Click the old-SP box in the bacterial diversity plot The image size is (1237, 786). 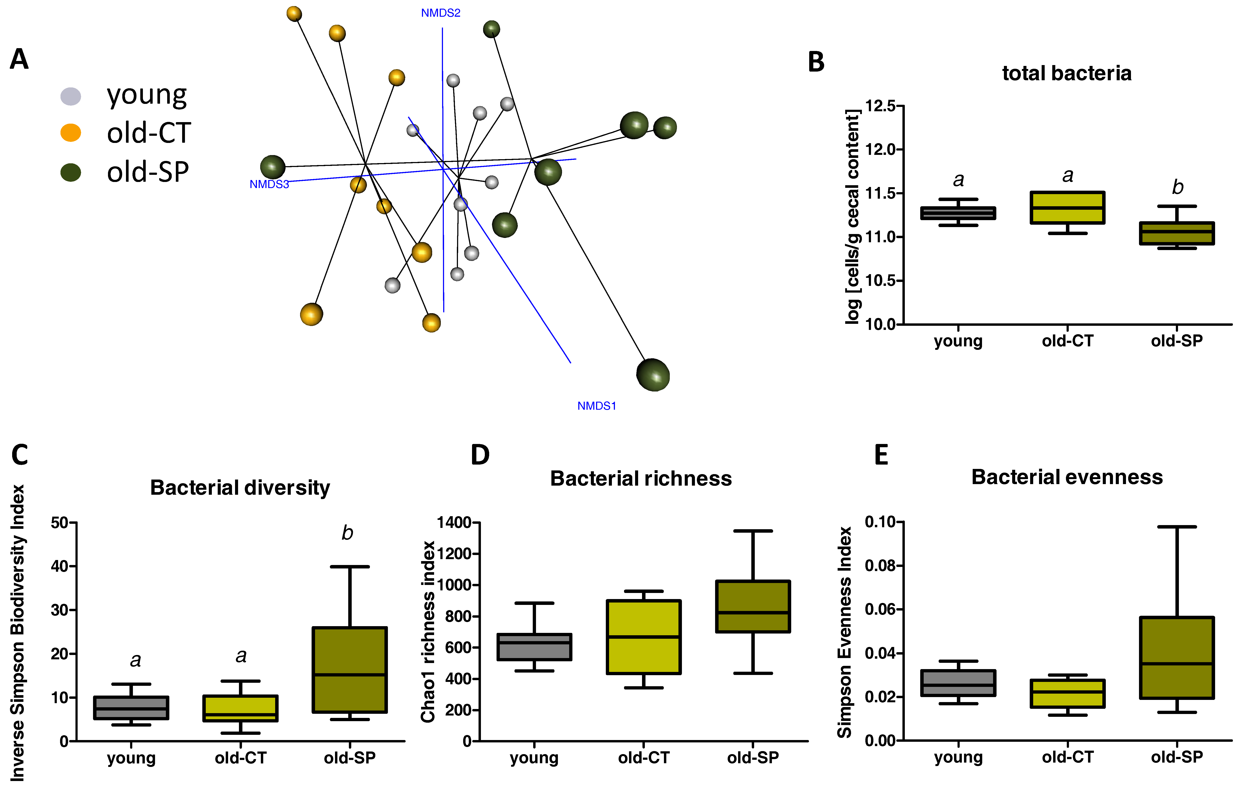[x=349, y=669]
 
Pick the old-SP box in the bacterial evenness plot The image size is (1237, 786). [x=1176, y=658]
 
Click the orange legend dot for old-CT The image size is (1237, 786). [x=71, y=133]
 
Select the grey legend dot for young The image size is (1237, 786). [x=71, y=96]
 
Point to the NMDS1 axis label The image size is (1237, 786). [x=596, y=406]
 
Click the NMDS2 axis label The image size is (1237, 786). [x=441, y=13]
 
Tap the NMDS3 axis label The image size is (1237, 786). [x=269, y=184]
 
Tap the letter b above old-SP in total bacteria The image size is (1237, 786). [x=1177, y=187]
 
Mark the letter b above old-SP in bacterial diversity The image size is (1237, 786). [x=347, y=533]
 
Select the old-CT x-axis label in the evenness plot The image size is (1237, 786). [x=1067, y=757]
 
